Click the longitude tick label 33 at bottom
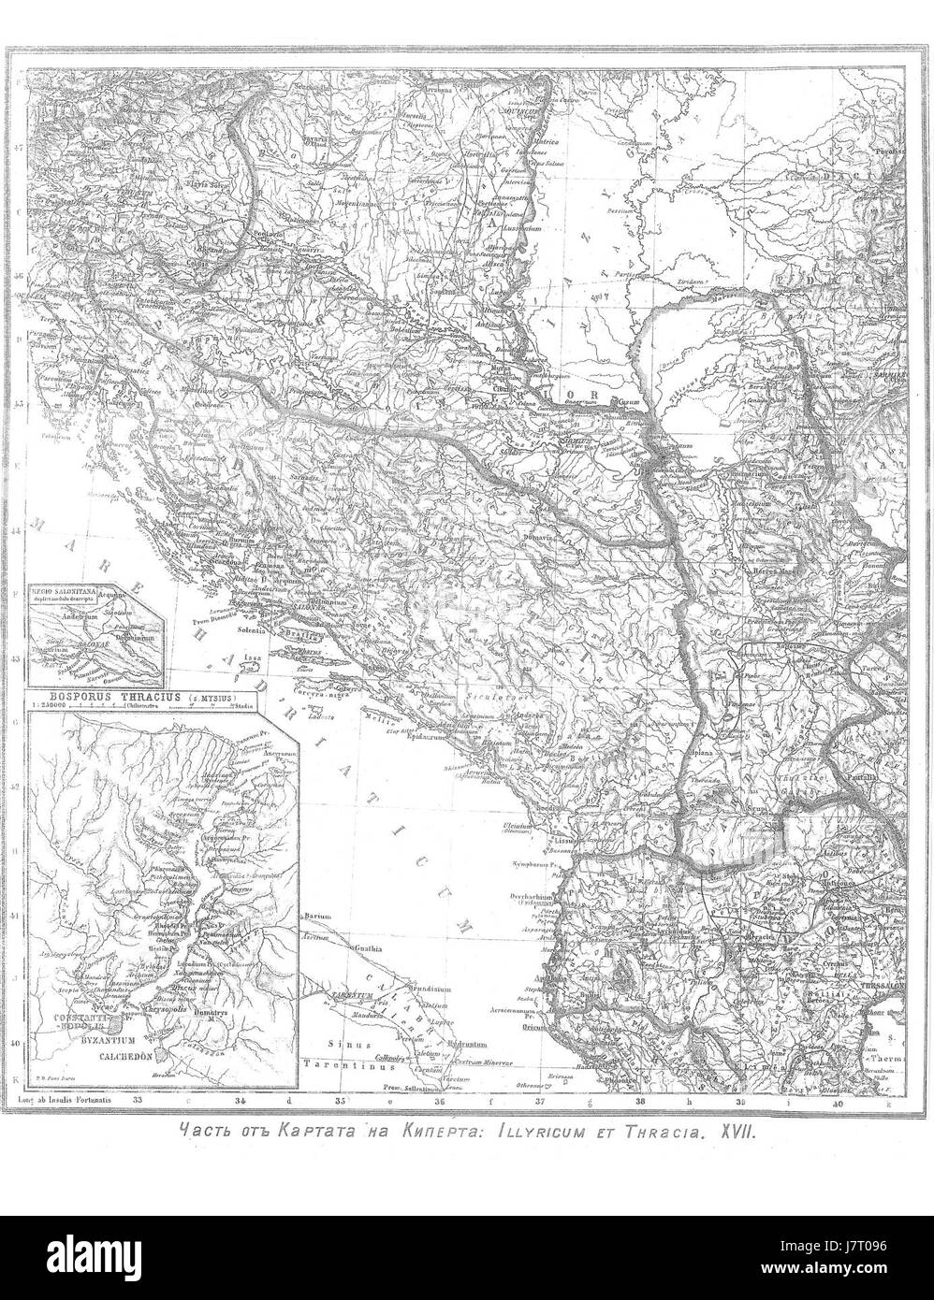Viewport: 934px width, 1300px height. pos(139,1101)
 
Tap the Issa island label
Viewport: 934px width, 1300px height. pos(252,657)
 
